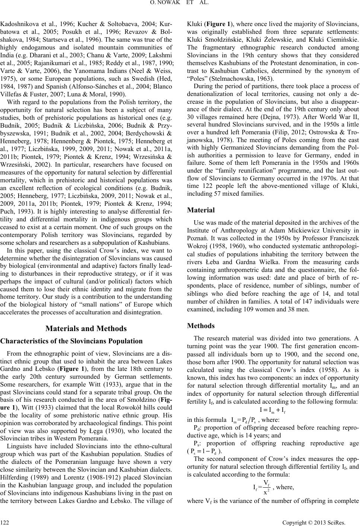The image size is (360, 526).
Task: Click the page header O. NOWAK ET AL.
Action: pyautogui.click(x=180, y=4)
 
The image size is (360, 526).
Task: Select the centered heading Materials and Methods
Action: pyautogui.click(x=86, y=328)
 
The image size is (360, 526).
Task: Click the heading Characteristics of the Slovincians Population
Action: pyautogui.click(x=72, y=341)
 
